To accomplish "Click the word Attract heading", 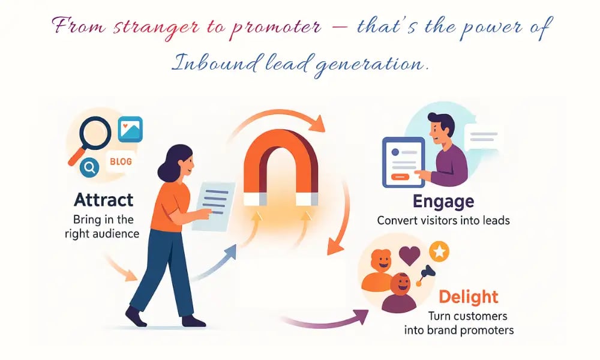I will [104, 200].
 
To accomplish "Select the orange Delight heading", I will [468, 296].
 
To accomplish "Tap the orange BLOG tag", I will [121, 161].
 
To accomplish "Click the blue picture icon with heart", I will [130, 129].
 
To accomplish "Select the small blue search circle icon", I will [90, 169].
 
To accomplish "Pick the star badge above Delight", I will [439, 252].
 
